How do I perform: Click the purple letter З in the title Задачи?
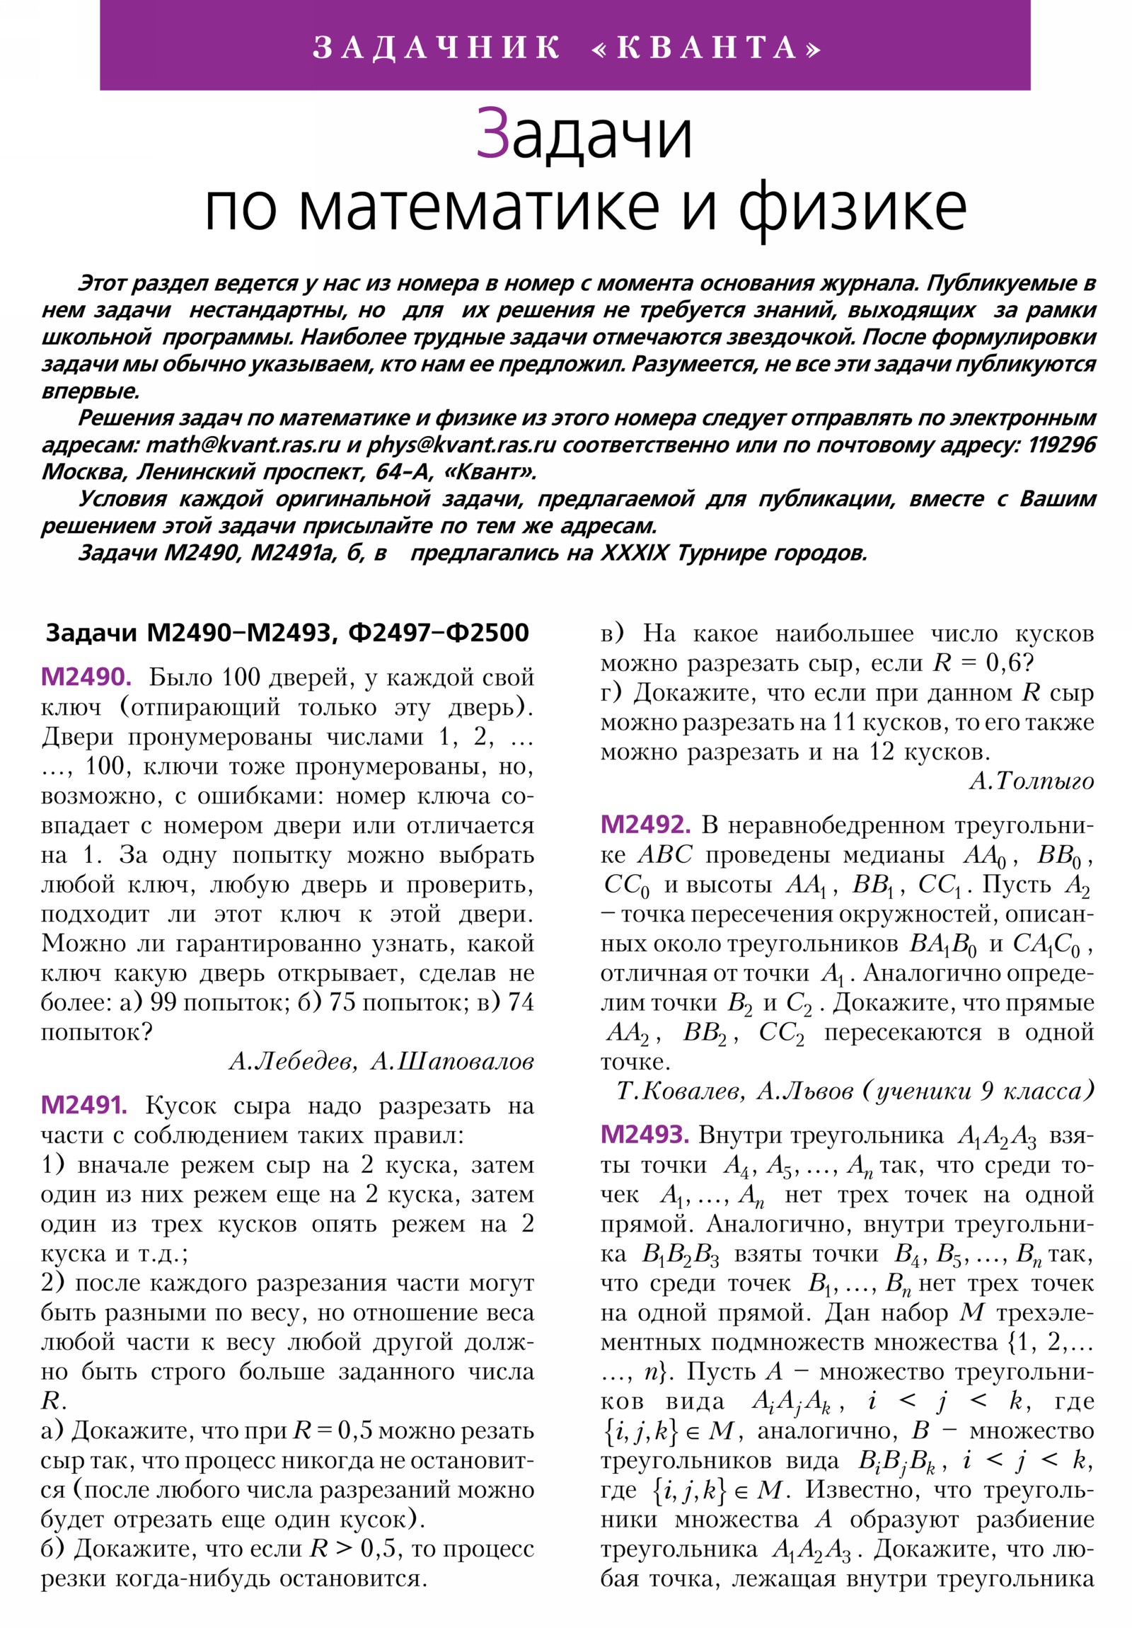tap(491, 133)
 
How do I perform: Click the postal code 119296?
tap(1061, 445)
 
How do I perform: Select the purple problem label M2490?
tap(86, 677)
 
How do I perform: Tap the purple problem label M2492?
tap(645, 825)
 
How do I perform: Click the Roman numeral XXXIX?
tap(634, 552)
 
